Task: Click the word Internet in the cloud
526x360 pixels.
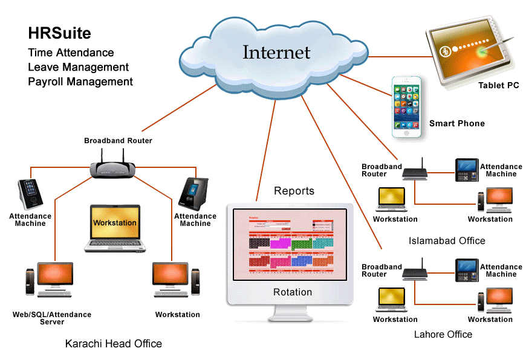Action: (x=276, y=53)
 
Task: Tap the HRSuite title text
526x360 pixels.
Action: (x=59, y=33)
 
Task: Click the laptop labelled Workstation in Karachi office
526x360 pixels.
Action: (x=114, y=227)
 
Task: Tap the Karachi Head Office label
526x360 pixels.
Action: (x=114, y=344)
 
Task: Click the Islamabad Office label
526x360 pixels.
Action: (x=447, y=240)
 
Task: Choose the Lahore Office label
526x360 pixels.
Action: (x=443, y=334)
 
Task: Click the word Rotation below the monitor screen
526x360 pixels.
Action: (x=293, y=292)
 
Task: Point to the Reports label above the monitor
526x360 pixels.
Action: (x=294, y=191)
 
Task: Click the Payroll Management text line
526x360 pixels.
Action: (x=80, y=82)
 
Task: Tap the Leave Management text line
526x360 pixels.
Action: (x=78, y=67)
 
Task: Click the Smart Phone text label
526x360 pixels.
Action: (x=456, y=123)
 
